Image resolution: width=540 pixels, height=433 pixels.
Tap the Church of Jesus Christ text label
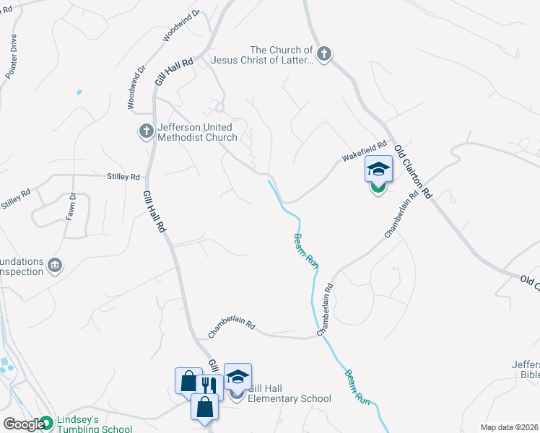pyautogui.click(x=262, y=56)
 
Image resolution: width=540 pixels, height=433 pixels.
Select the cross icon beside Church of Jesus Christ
pyautogui.click(x=324, y=53)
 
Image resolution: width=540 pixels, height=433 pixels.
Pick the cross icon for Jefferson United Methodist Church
pyautogui.click(x=146, y=131)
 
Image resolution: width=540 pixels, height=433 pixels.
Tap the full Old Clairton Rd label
pyautogui.click(x=412, y=172)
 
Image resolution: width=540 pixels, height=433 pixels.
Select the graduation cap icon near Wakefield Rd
pyautogui.click(x=378, y=170)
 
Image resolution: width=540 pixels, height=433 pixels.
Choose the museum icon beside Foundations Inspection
pyautogui.click(x=55, y=266)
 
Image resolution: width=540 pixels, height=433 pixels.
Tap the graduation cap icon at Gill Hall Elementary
pyautogui.click(x=238, y=377)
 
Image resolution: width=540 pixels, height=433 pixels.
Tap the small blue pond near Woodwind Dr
pyautogui.click(x=78, y=92)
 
